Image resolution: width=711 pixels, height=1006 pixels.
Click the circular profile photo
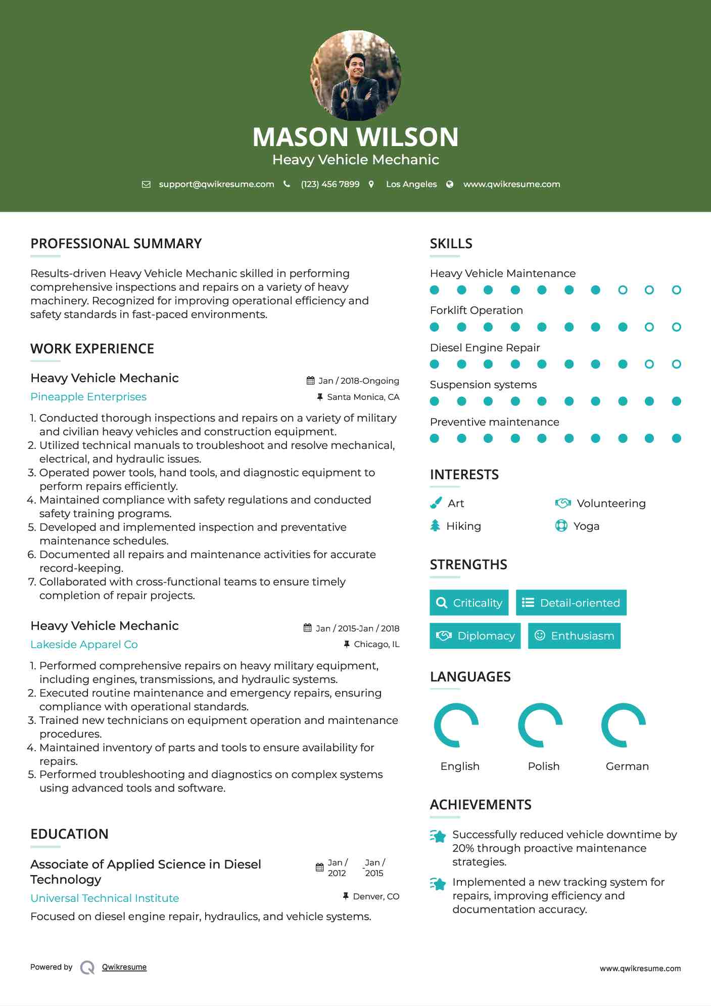[x=355, y=76]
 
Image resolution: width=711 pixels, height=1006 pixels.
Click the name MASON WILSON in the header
[x=355, y=137]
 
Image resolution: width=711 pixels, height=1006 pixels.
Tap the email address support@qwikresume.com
[x=216, y=184]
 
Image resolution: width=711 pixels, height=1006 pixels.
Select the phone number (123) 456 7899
[x=330, y=184]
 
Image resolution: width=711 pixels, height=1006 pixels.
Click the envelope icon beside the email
[x=146, y=185]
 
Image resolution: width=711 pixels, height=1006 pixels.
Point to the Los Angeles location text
[x=411, y=184]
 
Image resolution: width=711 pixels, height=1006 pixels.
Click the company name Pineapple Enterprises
[x=88, y=397]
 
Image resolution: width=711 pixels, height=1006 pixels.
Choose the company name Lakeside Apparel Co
[x=84, y=645]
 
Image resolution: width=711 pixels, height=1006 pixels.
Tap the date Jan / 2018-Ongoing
[x=358, y=381]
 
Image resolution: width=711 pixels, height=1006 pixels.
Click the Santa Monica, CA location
[x=363, y=397]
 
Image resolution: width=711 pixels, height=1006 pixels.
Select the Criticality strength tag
[x=469, y=603]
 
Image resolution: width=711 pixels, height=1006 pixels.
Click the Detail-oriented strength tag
[x=571, y=603]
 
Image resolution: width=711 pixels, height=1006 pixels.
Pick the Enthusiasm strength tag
[x=574, y=635]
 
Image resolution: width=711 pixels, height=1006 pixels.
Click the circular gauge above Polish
[x=540, y=725]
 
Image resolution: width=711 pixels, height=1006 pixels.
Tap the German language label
[x=627, y=766]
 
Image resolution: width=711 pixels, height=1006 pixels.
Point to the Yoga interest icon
[x=561, y=526]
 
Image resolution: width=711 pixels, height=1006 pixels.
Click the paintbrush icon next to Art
[x=436, y=503]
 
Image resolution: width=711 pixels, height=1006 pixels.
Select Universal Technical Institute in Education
[x=105, y=898]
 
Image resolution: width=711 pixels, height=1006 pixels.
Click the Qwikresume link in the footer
[x=124, y=967]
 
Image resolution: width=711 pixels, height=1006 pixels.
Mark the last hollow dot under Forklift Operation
[x=676, y=327]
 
